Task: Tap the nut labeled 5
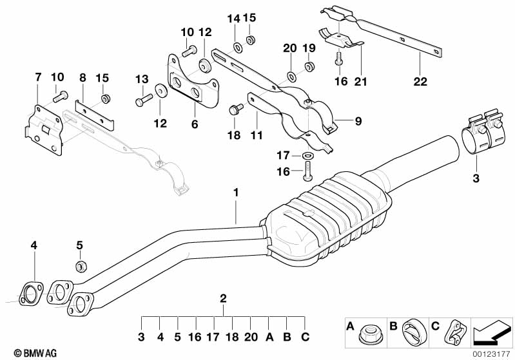[x=81, y=267]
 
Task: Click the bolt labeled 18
[x=234, y=111]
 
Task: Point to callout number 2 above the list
[x=224, y=298]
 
